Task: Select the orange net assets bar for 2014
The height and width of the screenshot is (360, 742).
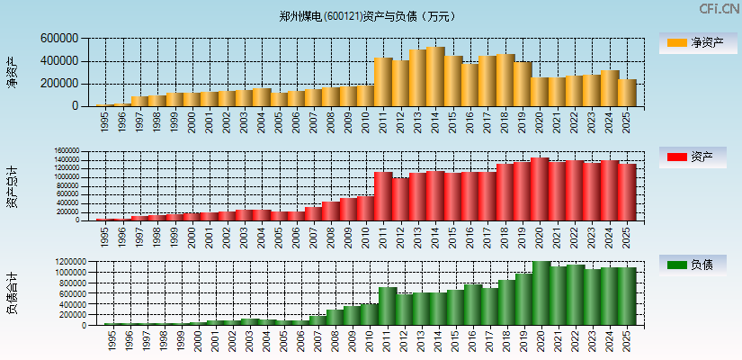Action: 435,76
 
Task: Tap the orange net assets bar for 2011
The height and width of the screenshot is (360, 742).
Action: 383,82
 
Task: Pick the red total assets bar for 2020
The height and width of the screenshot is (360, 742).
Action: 540,189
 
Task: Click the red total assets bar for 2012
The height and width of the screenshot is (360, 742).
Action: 400,199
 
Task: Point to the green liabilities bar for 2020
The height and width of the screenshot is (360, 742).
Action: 540,293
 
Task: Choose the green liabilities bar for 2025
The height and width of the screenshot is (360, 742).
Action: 627,296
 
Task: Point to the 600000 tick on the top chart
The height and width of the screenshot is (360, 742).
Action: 59,39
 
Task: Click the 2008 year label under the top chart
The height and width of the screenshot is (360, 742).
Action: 331,120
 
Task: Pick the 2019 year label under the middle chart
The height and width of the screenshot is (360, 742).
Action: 523,235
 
